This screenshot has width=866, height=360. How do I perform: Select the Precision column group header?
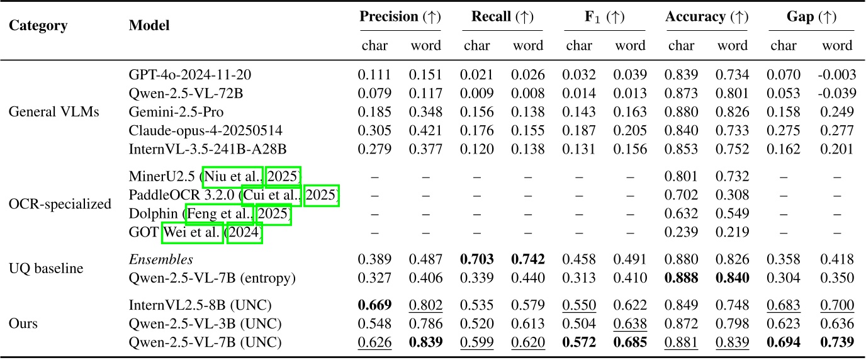400,18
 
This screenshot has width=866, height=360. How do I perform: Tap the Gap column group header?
811,18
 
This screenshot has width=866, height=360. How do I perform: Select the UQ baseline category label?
46,269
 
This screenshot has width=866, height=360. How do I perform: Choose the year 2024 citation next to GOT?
244,233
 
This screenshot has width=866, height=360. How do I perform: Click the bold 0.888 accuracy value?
682,278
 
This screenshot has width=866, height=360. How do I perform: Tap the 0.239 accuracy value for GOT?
682,233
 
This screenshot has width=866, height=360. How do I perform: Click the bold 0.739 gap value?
836,343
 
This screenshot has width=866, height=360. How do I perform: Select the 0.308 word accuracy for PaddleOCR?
733,194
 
